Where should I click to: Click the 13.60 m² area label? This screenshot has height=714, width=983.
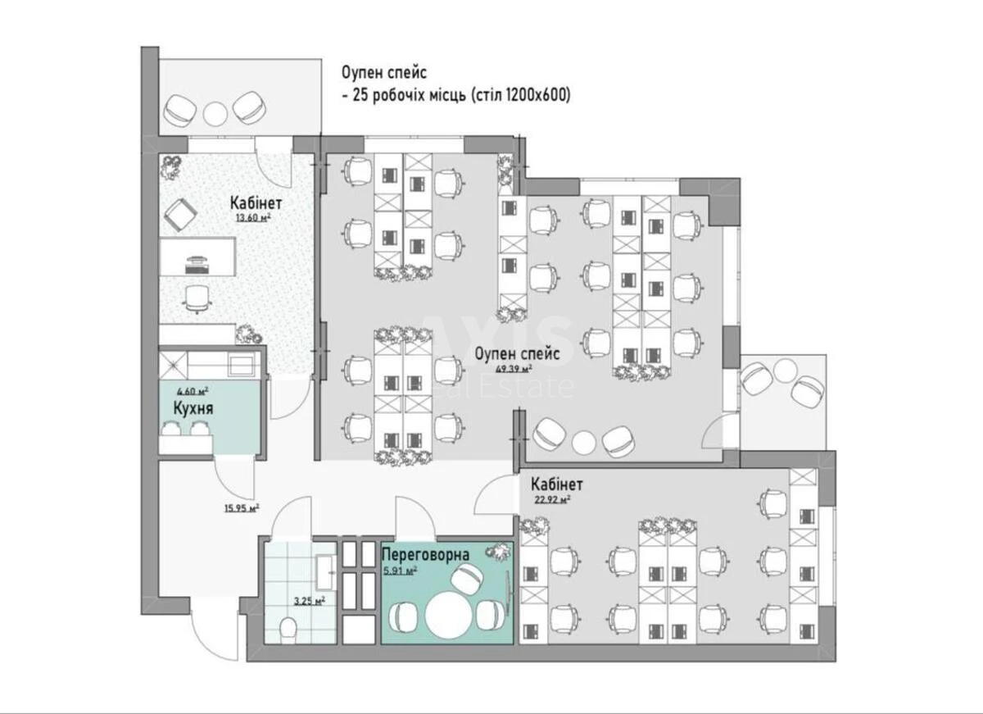253,218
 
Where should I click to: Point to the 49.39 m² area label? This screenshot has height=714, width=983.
513,368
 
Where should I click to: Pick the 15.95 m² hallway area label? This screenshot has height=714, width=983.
241,507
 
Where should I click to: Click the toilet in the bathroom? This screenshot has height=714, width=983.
288,629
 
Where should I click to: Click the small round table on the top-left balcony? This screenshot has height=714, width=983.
215,111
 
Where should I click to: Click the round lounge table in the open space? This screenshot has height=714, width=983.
583,442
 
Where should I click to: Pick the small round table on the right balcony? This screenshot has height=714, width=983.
783,371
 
